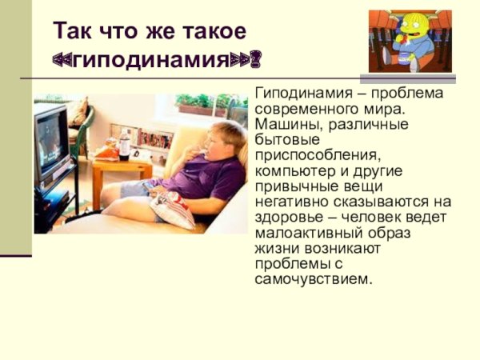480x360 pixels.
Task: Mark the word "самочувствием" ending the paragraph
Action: [314, 280]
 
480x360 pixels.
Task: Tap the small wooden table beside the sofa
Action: [120, 172]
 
